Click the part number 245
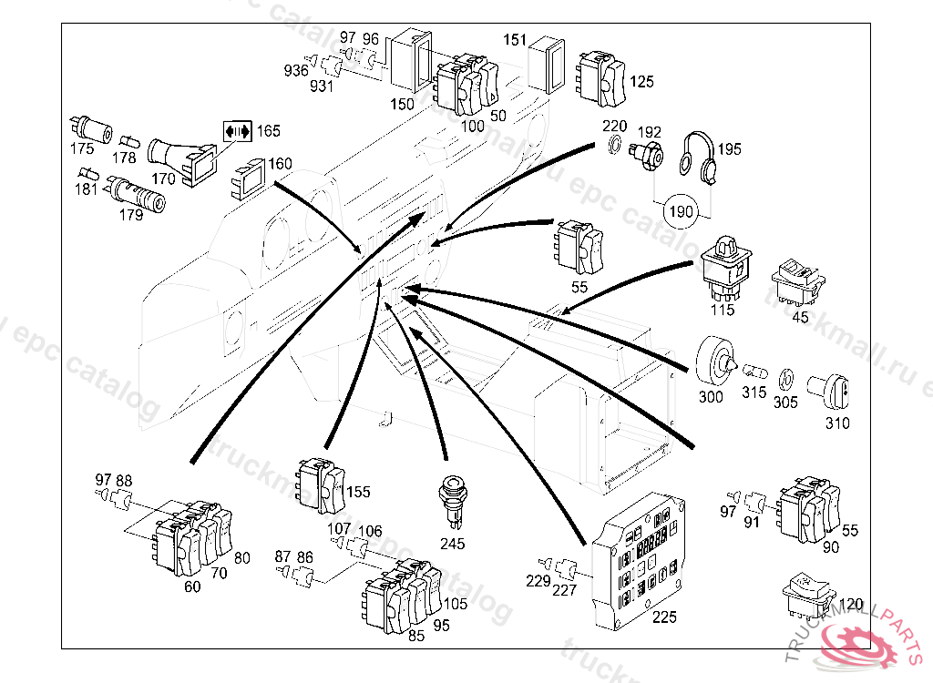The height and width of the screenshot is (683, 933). (x=452, y=544)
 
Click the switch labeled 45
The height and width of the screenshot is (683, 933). (x=798, y=281)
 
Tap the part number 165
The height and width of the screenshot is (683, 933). (x=268, y=131)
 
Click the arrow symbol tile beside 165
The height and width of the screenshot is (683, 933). (x=236, y=131)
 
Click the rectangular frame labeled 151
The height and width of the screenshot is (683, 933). (x=550, y=63)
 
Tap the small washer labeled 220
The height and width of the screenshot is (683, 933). (x=615, y=146)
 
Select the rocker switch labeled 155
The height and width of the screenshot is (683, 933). (x=321, y=484)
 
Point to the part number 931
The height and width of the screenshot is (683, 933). (x=321, y=87)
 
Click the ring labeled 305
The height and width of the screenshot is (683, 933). (x=786, y=378)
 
